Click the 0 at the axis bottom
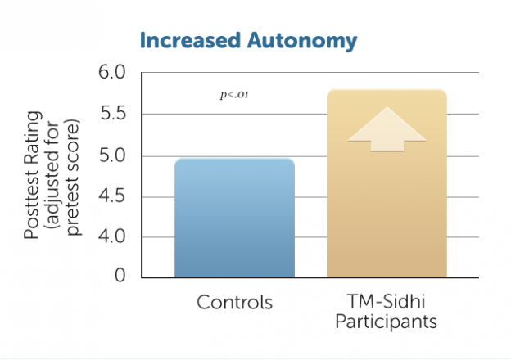(120, 277)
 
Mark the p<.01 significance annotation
(234, 96)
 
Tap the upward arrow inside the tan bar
(387, 131)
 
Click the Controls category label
(234, 303)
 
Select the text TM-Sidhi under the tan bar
(387, 302)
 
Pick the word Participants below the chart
(387, 322)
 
